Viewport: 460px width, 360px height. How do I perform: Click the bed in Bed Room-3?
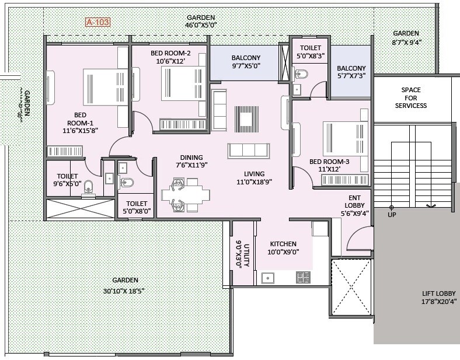(344, 138)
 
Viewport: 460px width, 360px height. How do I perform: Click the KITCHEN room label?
(283, 244)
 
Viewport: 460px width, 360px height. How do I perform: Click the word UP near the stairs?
(392, 215)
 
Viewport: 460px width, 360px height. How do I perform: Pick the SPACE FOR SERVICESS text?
(410, 97)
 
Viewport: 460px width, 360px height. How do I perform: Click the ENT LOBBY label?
(355, 202)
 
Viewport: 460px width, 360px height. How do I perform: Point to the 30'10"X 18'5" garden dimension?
(123, 290)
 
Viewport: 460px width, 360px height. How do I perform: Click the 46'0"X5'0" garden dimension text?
(200, 25)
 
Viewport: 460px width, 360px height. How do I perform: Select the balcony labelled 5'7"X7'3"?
(351, 72)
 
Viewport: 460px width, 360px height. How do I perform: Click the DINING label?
(191, 158)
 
